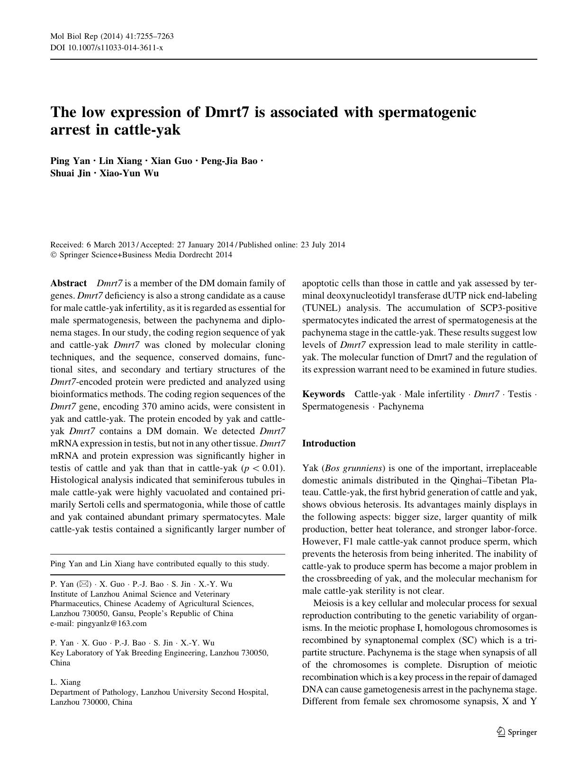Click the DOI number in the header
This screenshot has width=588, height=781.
tap(114, 48)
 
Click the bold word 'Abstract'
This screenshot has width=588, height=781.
tap(69, 283)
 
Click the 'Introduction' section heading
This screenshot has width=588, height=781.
tap(329, 444)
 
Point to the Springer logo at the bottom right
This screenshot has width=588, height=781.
tap(516, 732)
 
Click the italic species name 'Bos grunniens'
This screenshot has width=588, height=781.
tap(353, 468)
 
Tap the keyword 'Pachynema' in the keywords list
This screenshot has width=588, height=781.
tap(401, 407)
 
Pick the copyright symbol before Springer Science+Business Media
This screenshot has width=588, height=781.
tap(53, 255)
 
